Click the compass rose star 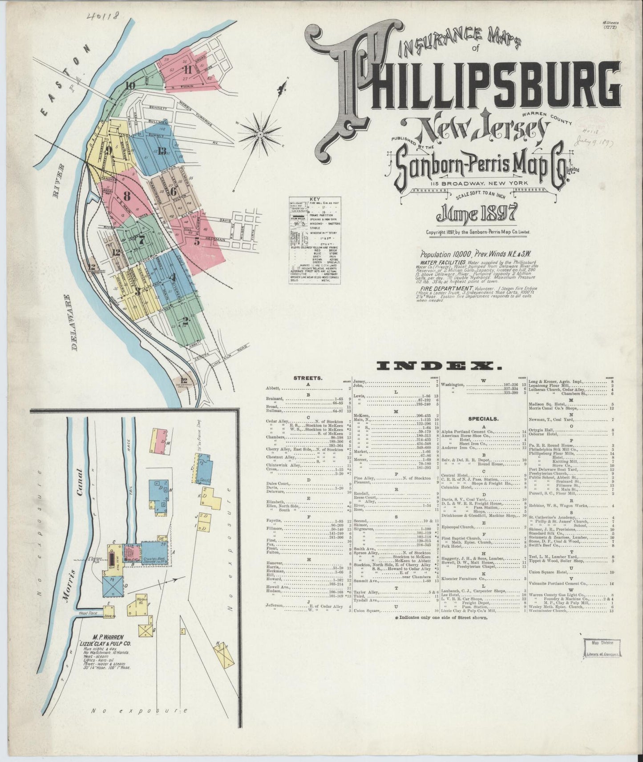pos(259,132)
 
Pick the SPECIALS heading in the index pos(483,419)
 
